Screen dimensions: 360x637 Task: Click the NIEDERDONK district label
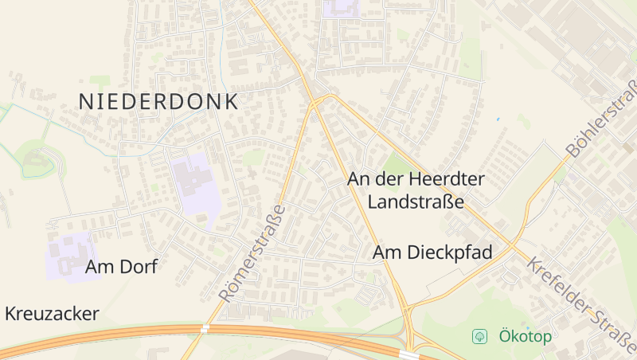158,102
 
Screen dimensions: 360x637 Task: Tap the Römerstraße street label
252,252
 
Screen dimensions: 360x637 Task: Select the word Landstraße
416,202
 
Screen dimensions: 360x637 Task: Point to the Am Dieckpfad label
433,253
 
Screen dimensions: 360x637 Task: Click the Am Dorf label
121,267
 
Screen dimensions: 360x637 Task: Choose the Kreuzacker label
52,314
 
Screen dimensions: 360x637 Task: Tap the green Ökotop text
525,336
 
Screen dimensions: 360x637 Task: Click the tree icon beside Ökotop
480,336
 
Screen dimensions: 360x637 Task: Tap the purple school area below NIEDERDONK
191,182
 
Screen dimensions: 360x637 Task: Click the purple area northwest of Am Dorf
72,253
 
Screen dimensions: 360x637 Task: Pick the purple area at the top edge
342,8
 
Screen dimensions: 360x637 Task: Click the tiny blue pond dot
498,119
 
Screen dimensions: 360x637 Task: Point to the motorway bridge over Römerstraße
205,327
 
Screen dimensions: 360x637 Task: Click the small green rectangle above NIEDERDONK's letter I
100,80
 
